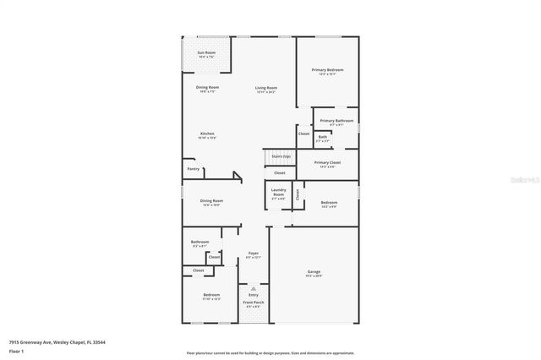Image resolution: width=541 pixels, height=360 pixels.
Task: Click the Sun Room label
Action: (206, 52)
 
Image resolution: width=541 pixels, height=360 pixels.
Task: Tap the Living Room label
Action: (266, 88)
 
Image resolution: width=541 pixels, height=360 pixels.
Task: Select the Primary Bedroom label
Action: (327, 69)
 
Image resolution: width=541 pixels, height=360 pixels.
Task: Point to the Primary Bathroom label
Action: (336, 121)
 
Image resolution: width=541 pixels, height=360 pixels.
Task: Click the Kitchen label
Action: (207, 134)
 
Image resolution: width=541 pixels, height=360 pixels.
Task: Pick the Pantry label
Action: (194, 169)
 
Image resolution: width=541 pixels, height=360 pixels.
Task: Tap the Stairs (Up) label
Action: (281, 155)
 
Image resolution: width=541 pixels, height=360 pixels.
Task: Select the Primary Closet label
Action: (327, 162)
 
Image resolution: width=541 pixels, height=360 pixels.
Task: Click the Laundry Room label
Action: (279, 190)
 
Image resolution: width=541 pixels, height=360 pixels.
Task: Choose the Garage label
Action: (314, 272)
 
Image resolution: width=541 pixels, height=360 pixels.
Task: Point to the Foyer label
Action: (253, 253)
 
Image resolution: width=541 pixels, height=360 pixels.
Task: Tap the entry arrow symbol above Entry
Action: (254, 287)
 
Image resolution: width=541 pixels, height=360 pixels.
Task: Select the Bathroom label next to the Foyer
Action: (199, 242)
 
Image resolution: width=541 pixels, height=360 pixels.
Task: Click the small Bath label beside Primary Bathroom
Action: (323, 136)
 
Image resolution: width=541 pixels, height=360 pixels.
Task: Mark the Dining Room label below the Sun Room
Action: (208, 88)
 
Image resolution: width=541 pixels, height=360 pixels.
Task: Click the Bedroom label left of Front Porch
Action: (210, 296)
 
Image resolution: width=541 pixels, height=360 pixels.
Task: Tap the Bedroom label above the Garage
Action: (329, 203)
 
